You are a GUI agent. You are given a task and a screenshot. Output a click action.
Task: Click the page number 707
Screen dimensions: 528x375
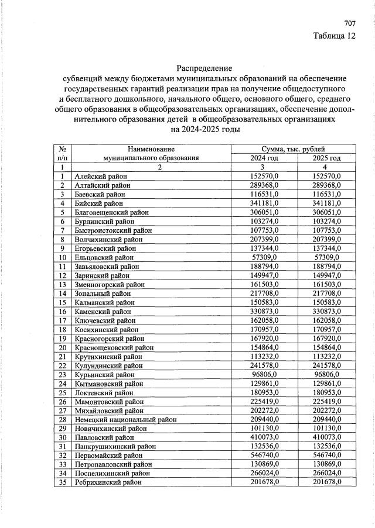[350, 24]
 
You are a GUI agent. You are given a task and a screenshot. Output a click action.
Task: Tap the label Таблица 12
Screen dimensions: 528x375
[335, 36]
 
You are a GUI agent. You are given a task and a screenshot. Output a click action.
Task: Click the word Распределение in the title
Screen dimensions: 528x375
[204, 68]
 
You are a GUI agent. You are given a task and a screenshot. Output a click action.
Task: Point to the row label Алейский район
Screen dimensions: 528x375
[101, 176]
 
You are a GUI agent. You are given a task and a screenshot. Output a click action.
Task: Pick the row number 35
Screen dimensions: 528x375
[62, 483]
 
